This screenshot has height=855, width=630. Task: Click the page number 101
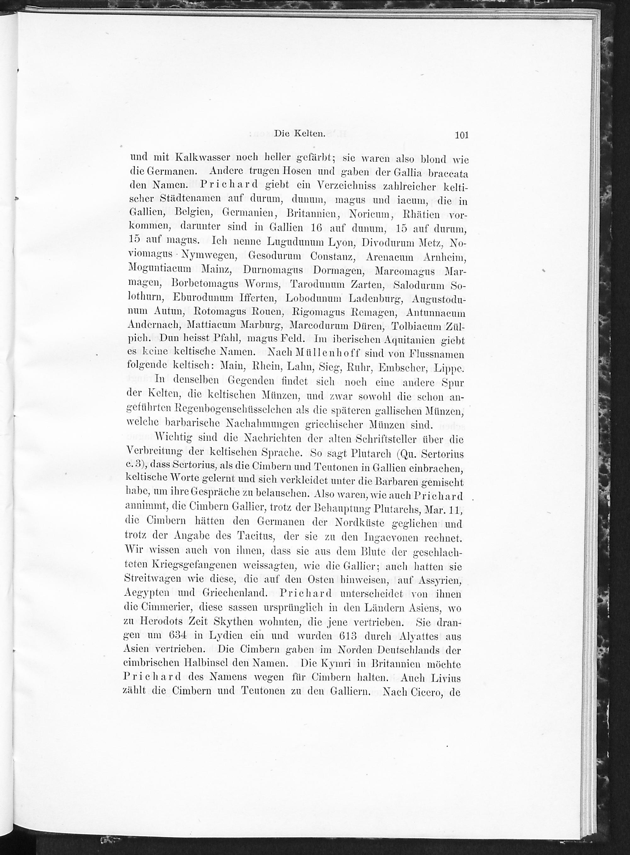click(x=461, y=135)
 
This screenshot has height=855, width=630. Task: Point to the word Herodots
click(x=167, y=622)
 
